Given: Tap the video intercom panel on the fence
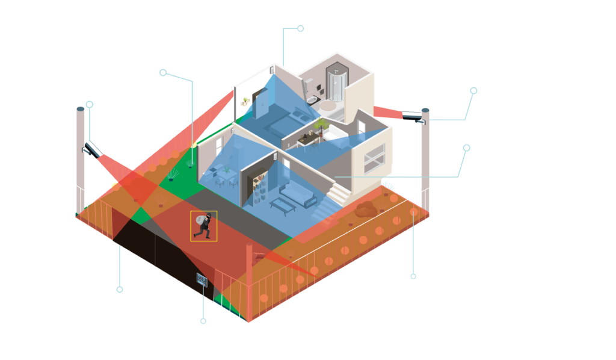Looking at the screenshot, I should pyautogui.click(x=201, y=279).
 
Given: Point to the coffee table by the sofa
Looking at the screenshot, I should pyautogui.click(x=281, y=205).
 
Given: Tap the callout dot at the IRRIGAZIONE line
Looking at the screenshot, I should pyautogui.click(x=162, y=72).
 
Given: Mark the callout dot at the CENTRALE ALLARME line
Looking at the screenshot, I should pyautogui.click(x=300, y=28).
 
